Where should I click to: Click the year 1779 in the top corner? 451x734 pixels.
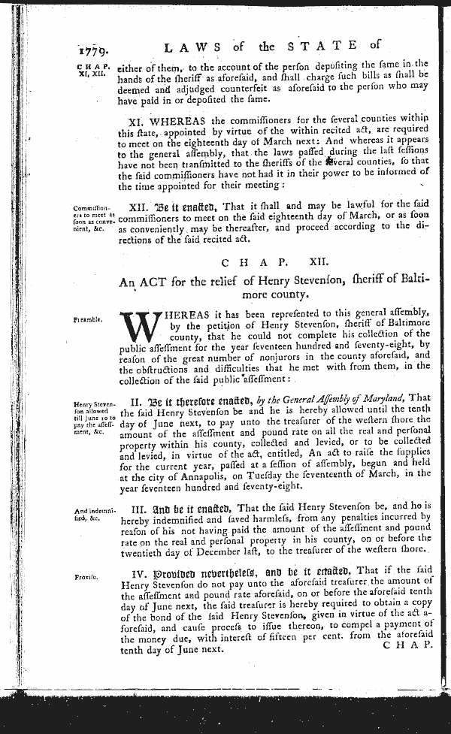click(95, 52)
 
